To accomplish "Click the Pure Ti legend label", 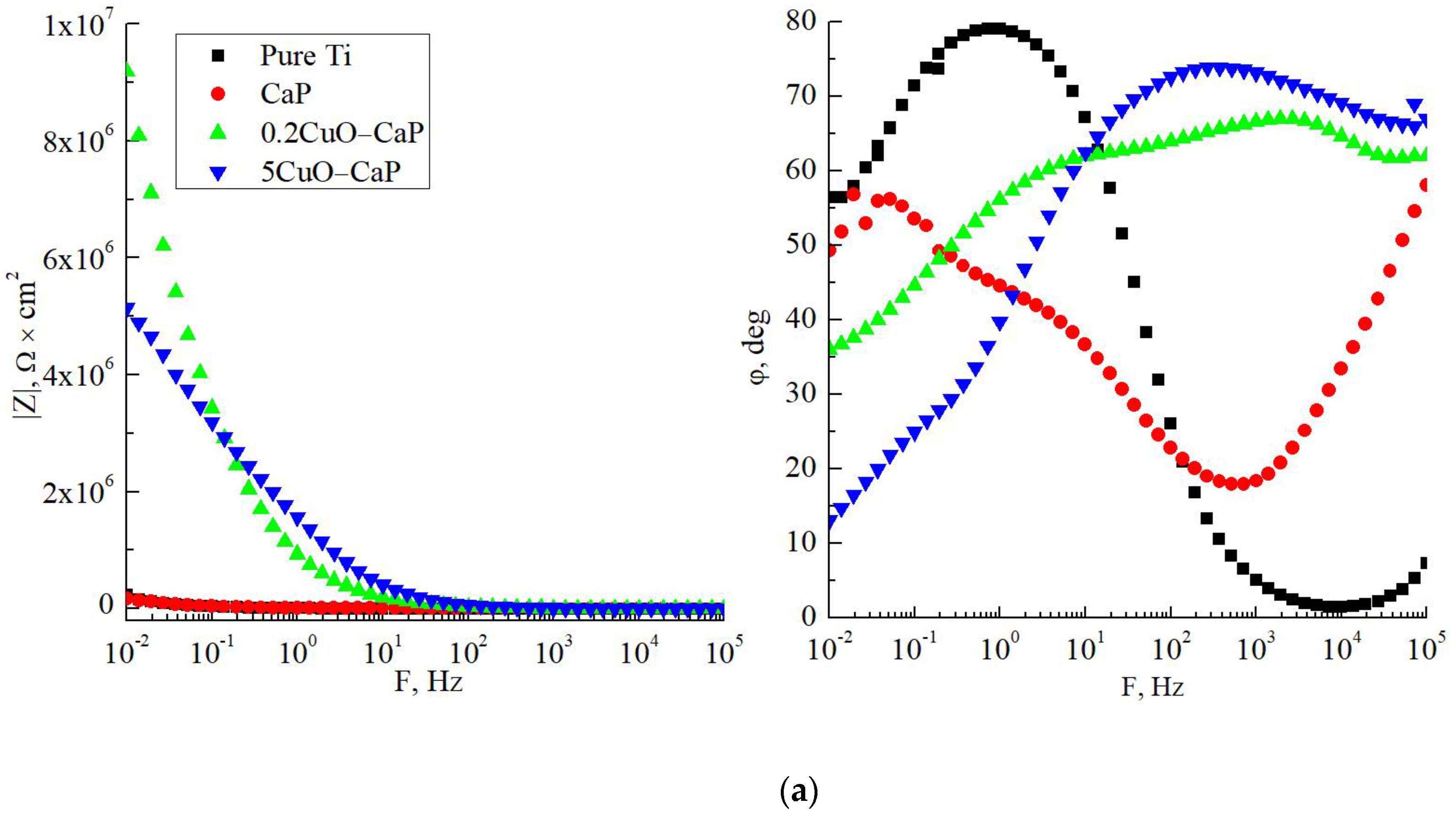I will [305, 56].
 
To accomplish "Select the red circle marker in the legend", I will [218, 94].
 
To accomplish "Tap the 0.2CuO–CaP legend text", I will [341, 132].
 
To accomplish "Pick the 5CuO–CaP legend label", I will [330, 172].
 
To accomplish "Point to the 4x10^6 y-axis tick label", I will [78, 375].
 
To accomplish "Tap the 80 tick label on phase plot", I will [800, 22].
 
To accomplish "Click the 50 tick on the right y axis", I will [800, 245].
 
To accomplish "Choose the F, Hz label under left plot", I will [428, 681].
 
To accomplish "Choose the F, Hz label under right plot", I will [1152, 686].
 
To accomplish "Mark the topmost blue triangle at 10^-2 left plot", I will [129, 308].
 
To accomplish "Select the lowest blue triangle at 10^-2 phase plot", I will [830, 522].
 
